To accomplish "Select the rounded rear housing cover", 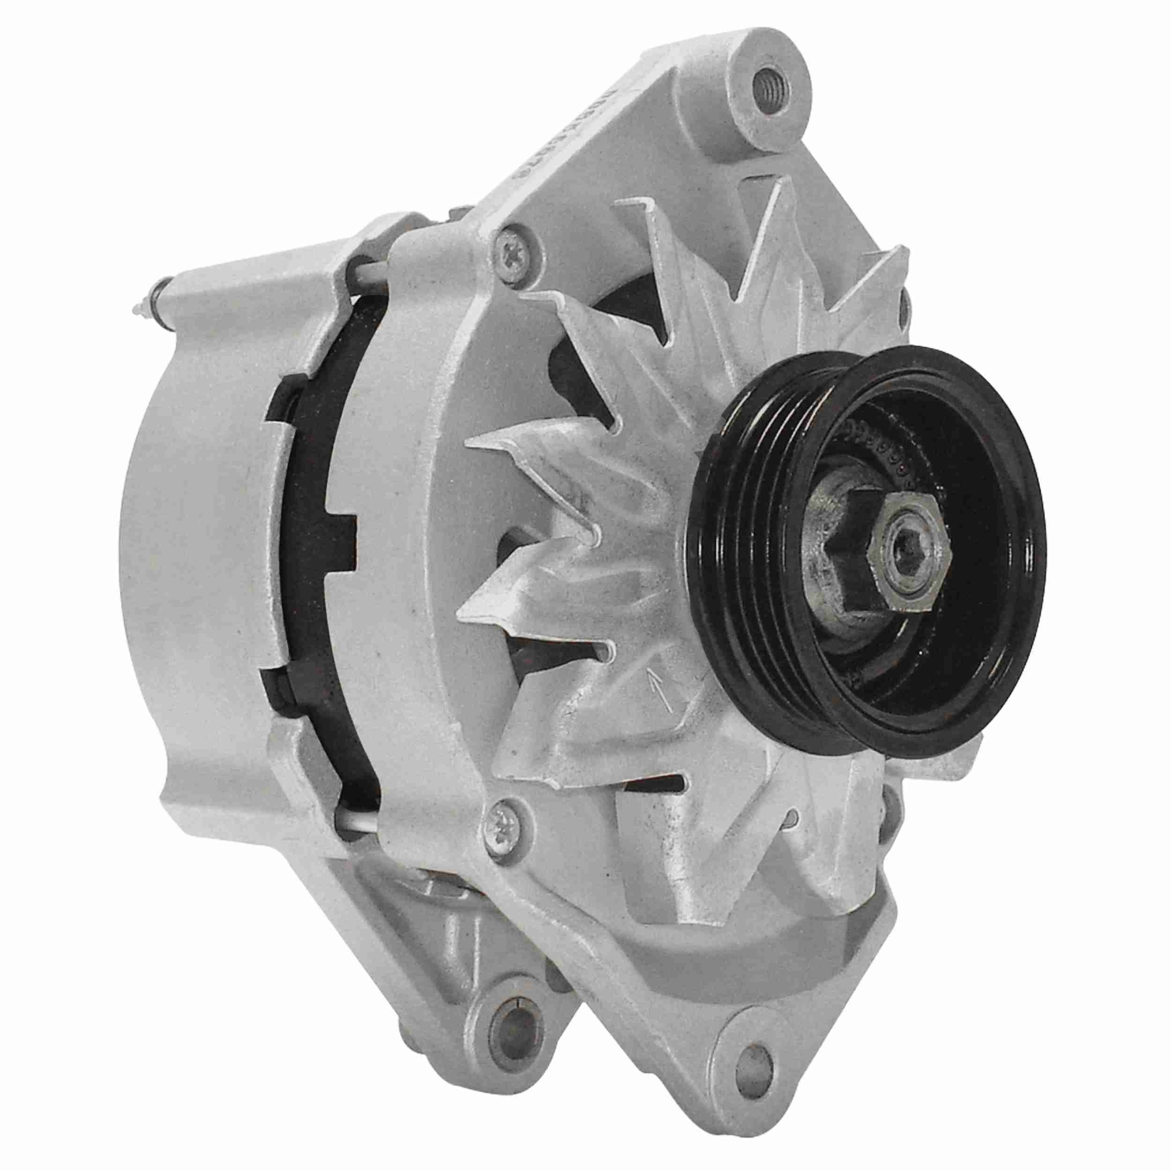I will point(194,546).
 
